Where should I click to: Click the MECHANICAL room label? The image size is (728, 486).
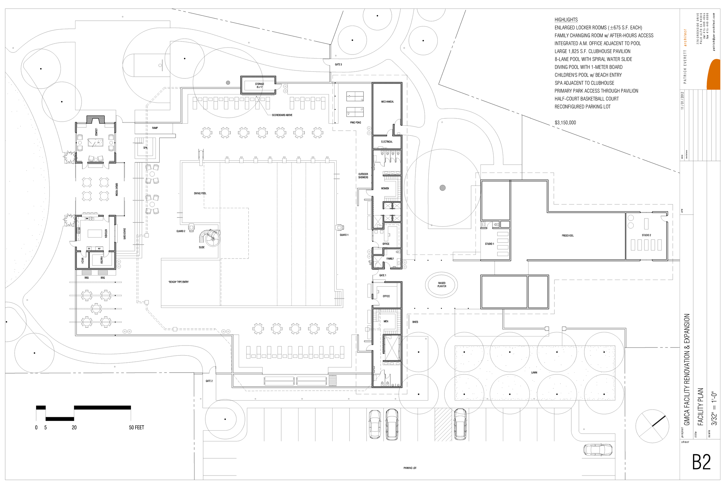click(387, 102)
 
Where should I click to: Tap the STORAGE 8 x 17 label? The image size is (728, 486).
click(259, 85)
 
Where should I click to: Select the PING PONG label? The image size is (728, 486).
click(355, 122)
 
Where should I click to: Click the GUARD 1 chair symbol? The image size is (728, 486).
click(339, 227)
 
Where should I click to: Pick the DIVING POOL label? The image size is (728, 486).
click(200, 193)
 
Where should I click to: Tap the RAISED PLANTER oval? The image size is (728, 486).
click(441, 285)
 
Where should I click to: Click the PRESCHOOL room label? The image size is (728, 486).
click(567, 236)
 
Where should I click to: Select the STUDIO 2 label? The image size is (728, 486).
click(646, 235)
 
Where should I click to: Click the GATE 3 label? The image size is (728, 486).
click(338, 64)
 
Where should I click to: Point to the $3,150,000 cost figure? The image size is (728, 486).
click(565, 123)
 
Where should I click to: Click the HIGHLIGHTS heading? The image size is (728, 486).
click(566, 20)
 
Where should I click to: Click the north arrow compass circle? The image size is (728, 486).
click(652, 426)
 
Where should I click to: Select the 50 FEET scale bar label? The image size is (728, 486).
click(137, 427)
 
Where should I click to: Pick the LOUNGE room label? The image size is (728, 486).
click(96, 132)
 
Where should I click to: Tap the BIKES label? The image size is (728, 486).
click(415, 322)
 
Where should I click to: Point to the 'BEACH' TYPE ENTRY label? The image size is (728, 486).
click(178, 282)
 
